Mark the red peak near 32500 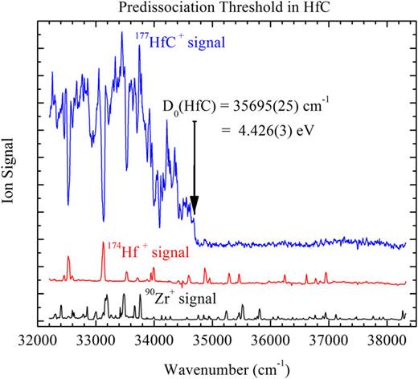[68, 259]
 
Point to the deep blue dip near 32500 [68, 203]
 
